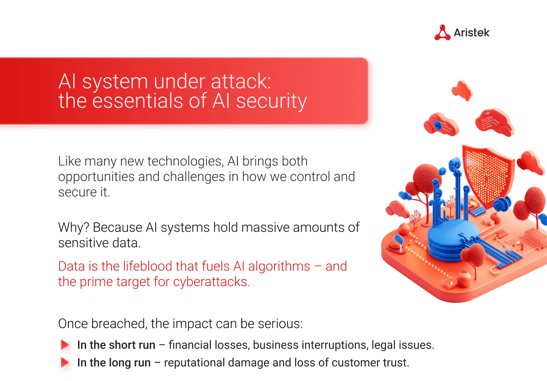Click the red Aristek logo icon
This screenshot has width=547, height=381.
[x=442, y=33]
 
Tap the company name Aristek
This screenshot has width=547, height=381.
[x=472, y=33]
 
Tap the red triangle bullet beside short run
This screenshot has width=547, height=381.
[x=65, y=345]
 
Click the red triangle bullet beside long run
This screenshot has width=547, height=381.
[x=65, y=363]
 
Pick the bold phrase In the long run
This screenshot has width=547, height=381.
[x=114, y=363]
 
